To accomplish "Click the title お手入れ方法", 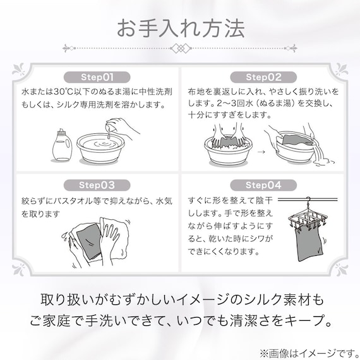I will click(180, 27).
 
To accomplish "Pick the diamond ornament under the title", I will click(180, 47).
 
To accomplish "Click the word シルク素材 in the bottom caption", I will click(285, 299).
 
